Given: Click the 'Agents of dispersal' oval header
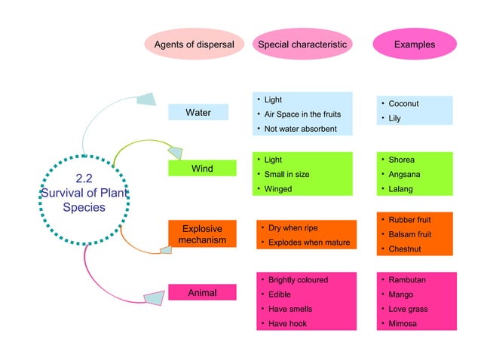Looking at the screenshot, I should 194,44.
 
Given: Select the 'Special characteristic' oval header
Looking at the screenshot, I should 302,44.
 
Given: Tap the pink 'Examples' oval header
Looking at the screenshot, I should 414,44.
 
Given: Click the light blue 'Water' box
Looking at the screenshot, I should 198,112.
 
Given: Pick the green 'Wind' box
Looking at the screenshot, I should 201,169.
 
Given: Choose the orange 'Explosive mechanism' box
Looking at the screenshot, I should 201,234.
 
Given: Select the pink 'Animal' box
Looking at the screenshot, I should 201,292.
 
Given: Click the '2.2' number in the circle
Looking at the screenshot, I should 84,178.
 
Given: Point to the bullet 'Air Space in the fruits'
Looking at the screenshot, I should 302,114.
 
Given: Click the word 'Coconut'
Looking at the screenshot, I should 403,104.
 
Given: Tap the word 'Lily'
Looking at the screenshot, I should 394,119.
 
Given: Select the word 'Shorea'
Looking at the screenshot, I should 401,160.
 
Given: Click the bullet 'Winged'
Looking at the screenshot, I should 277,189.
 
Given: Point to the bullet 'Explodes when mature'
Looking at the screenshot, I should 309,243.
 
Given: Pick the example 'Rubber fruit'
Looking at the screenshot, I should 409,220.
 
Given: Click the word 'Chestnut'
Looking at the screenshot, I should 405,249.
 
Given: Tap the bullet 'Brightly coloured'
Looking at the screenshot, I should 298,279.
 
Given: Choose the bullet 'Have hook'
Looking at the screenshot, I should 287,324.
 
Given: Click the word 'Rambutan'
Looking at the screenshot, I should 407,279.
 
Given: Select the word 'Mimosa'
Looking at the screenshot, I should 403,324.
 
